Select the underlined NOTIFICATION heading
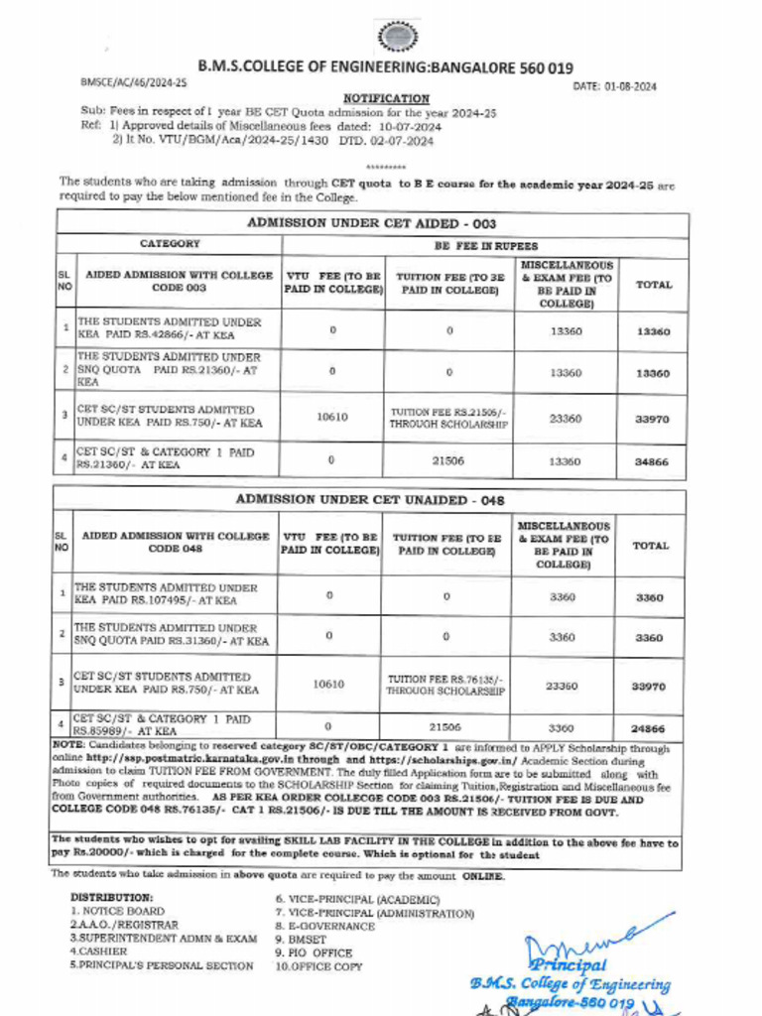386,98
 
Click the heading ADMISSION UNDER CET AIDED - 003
371,223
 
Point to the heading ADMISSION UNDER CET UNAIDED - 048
368,501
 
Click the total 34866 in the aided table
653,461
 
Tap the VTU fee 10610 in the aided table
332,417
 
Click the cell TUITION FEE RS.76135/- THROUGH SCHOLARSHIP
445,685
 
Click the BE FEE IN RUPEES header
485,244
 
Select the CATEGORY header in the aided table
170,243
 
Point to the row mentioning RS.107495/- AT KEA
167,594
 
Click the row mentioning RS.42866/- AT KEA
170,329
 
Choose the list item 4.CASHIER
96,951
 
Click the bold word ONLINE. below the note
482,877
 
